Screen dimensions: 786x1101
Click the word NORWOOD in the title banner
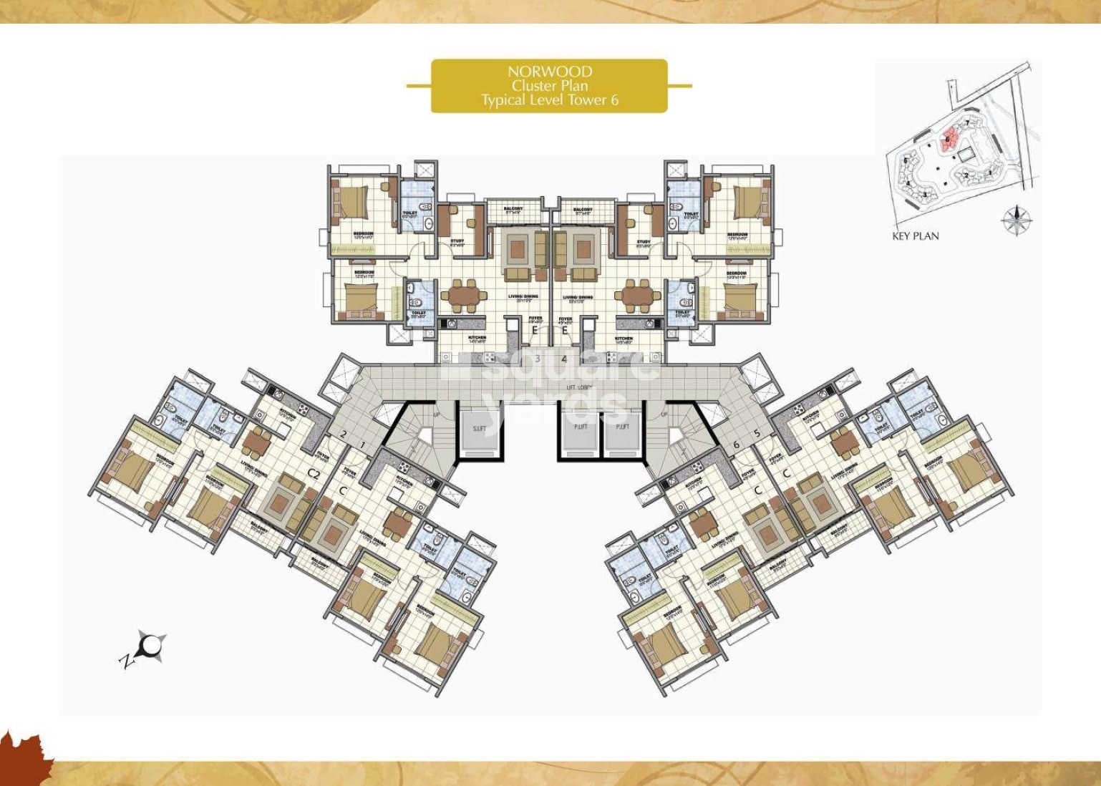pyautogui.click(x=549, y=72)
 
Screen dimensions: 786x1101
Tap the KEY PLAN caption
pyautogui.click(x=915, y=236)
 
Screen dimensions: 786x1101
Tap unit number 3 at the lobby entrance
pyautogui.click(x=538, y=359)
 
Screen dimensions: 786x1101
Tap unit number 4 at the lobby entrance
pyautogui.click(x=564, y=359)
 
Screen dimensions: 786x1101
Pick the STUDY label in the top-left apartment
pyautogui.click(x=457, y=241)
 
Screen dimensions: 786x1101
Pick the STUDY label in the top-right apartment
pyautogui.click(x=643, y=241)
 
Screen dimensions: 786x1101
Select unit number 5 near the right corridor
pyautogui.click(x=757, y=433)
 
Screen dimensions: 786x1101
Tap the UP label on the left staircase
pyautogui.click(x=437, y=414)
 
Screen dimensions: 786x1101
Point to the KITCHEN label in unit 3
pyautogui.click(x=477, y=338)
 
